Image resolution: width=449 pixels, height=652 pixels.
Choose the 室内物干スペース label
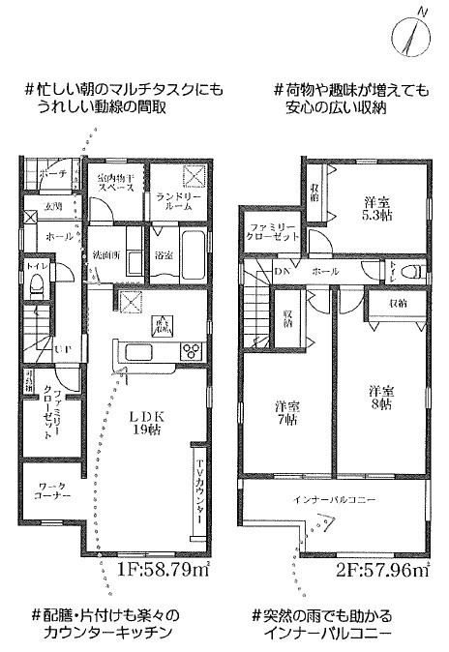(117, 182)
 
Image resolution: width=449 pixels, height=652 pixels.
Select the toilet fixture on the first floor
(37, 285)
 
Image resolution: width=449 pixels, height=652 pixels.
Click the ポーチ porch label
(54, 175)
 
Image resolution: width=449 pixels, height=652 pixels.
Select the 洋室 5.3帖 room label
(377, 210)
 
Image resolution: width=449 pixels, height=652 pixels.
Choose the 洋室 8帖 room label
(382, 397)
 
